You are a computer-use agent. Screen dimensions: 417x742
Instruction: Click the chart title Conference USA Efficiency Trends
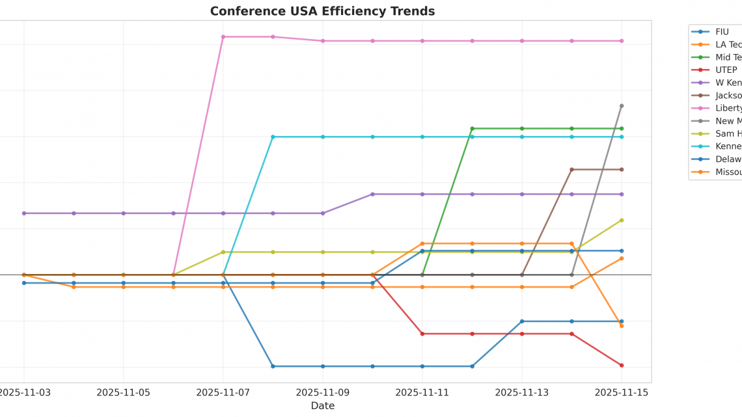[x=322, y=11]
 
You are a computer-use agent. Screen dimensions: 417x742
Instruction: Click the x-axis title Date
[x=322, y=406]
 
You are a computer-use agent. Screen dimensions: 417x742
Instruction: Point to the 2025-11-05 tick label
[x=124, y=392]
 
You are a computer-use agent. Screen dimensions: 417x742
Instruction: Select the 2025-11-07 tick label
[x=223, y=392]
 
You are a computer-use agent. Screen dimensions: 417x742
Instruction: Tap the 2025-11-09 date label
[x=323, y=392]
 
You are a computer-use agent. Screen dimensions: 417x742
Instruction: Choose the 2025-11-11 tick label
[x=422, y=392]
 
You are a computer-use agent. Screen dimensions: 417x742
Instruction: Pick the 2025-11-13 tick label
[x=522, y=392]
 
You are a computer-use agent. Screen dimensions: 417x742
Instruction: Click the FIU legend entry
[x=722, y=31]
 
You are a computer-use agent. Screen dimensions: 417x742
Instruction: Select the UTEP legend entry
[x=726, y=70]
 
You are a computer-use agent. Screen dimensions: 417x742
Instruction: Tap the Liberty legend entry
[x=728, y=108]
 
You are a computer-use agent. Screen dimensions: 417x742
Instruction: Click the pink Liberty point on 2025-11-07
[x=223, y=36]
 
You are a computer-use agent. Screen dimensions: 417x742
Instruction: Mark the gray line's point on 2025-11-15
[x=622, y=105]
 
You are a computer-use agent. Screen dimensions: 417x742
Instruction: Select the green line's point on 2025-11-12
[x=472, y=128]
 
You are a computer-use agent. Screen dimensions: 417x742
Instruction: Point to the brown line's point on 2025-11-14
[x=571, y=169]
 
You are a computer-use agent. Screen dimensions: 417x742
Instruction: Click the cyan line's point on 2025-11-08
[x=273, y=137]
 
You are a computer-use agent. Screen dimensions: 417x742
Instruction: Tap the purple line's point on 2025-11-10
[x=372, y=194]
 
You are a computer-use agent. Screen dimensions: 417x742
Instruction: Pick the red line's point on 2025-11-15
[x=622, y=365]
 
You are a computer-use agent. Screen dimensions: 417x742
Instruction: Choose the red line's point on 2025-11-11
[x=422, y=334]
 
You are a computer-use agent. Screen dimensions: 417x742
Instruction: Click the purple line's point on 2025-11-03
[x=24, y=213]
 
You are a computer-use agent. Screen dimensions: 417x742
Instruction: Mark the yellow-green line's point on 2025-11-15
[x=622, y=220]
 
